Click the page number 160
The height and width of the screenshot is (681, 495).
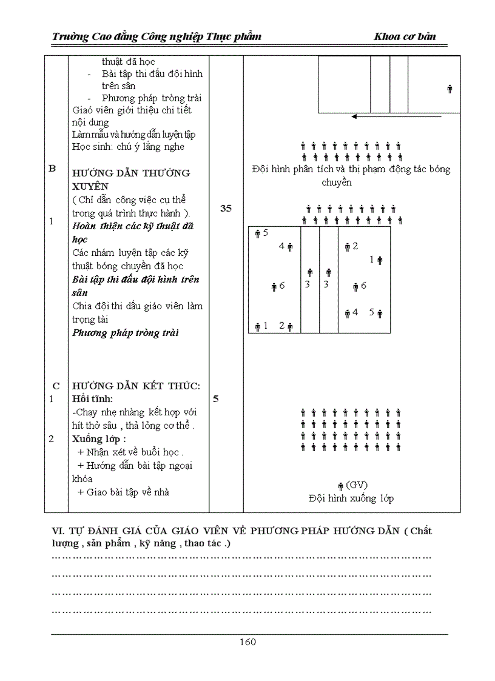tap(247, 642)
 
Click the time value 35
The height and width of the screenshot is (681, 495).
tap(226, 209)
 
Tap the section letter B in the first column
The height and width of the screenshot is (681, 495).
tap(52, 169)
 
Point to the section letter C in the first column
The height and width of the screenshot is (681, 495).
tap(56, 386)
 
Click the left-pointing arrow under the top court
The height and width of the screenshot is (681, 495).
tap(388, 118)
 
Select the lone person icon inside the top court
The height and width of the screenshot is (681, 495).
tap(450, 89)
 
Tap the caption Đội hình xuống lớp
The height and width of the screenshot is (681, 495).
tap(351, 498)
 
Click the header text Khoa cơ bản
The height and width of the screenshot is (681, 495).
tap(405, 37)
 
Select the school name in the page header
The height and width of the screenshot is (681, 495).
tap(157, 37)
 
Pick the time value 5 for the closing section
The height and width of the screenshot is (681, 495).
tap(216, 399)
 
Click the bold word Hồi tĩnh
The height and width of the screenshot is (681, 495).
tap(92, 399)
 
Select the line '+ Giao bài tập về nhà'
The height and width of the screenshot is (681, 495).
tap(123, 492)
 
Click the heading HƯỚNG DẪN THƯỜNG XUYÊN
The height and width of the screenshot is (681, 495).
tap(130, 179)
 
